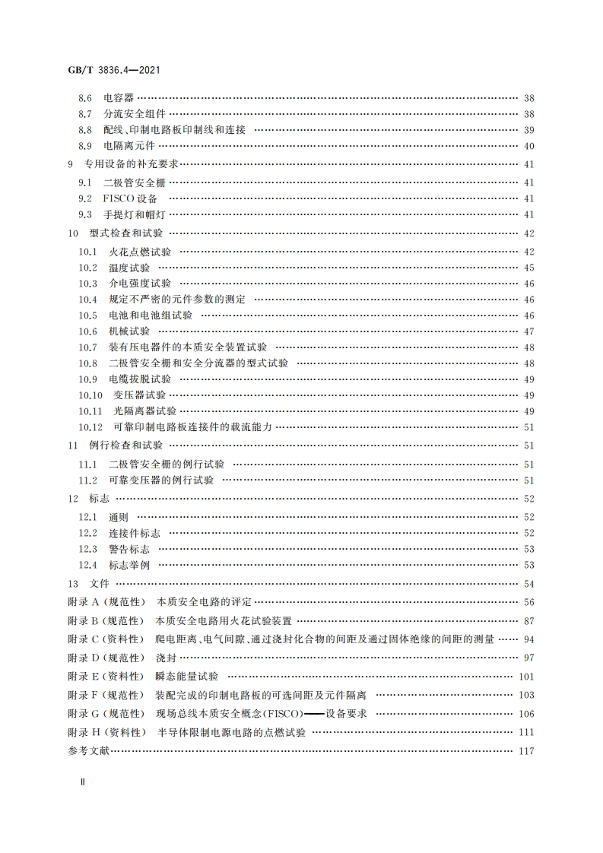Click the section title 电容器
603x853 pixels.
[x=119, y=98]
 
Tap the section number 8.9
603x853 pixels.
[x=85, y=146]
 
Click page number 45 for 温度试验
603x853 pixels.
[x=529, y=268]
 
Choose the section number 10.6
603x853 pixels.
[x=88, y=331]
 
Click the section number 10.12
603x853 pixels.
[x=90, y=427]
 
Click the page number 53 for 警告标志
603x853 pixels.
[x=529, y=549]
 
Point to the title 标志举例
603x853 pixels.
[x=129, y=565]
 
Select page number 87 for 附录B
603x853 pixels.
[x=529, y=621]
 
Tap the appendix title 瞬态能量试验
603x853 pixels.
[x=186, y=676]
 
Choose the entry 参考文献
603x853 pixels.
[x=89, y=751]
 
